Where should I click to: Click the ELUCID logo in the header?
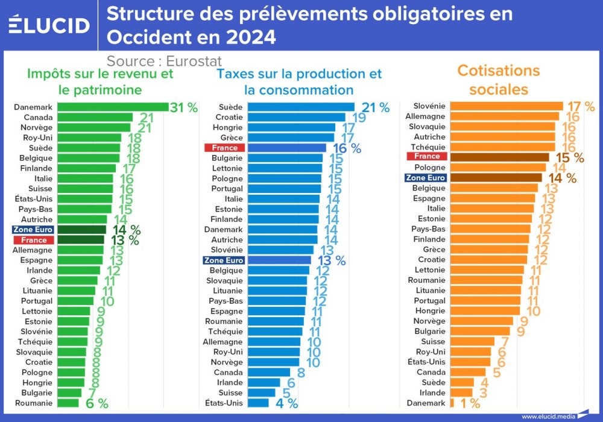[49, 25]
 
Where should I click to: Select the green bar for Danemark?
[112, 107]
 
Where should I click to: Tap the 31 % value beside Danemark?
[184, 108]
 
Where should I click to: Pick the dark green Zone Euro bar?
[81, 230]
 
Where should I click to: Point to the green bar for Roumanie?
[68, 403]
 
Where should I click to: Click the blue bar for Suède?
[301, 107]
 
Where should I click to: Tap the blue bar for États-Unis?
[259, 403]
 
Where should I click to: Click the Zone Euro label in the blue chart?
[224, 260]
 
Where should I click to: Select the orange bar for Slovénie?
[506, 106]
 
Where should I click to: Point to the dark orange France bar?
[499, 157]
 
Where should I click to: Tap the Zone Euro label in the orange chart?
[425, 178]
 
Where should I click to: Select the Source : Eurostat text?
[164, 61]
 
